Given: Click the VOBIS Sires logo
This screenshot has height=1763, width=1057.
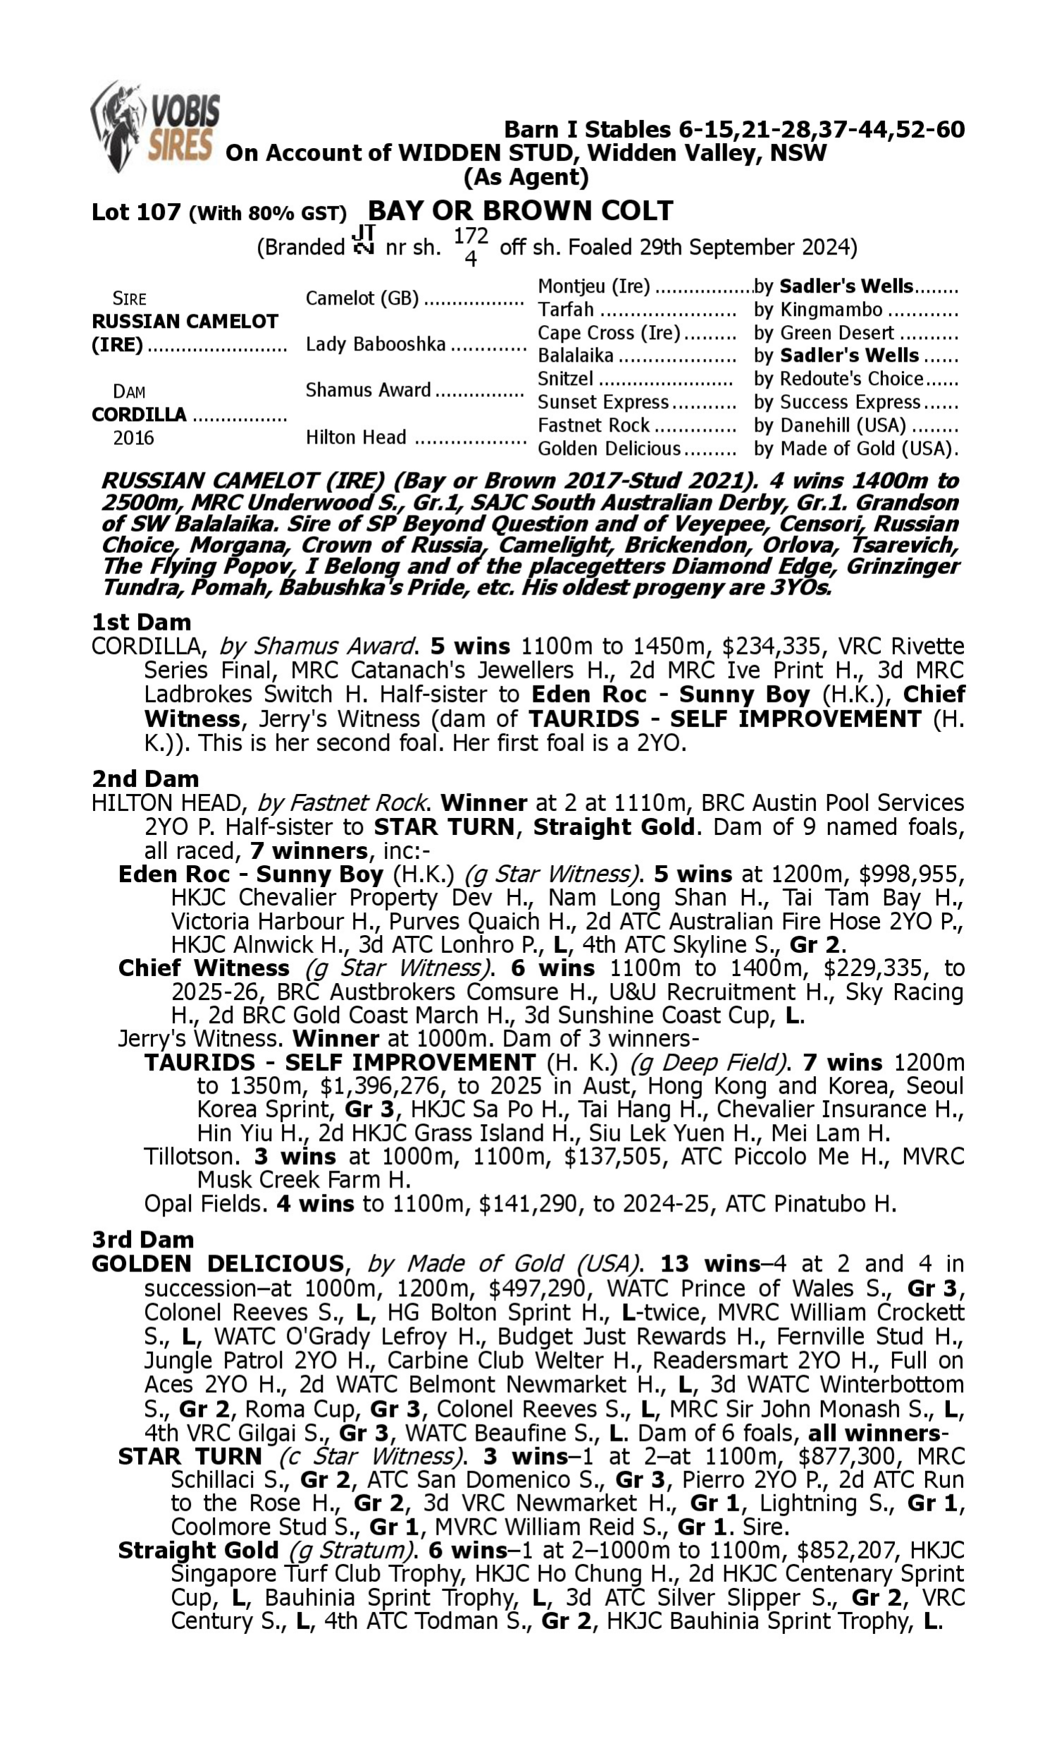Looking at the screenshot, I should [x=154, y=127].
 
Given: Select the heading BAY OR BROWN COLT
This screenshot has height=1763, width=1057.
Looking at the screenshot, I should [x=520, y=211].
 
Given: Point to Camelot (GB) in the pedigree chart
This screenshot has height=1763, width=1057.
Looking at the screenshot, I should [x=361, y=298].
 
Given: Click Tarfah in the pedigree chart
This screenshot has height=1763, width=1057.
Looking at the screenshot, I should [x=566, y=310].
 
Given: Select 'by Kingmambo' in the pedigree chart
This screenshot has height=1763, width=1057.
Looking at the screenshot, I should [x=817, y=310].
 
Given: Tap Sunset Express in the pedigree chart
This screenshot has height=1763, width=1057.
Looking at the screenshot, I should [x=602, y=402].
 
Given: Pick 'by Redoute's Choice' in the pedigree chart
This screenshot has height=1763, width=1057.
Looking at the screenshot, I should [x=839, y=379].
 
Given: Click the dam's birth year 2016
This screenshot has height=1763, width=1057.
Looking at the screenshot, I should [x=133, y=437].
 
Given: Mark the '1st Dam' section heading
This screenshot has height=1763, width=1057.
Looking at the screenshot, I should [x=141, y=622].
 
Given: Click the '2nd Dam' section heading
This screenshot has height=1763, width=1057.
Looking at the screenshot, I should [x=144, y=779].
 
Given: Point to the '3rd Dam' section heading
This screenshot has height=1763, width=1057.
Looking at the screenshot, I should [x=142, y=1240].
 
